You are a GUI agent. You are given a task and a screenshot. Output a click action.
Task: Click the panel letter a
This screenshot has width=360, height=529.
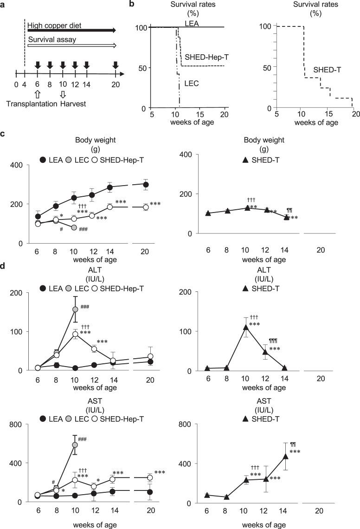pos(4,5)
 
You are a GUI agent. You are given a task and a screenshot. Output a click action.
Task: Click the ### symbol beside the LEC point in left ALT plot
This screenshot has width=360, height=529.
pos(84,307)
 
